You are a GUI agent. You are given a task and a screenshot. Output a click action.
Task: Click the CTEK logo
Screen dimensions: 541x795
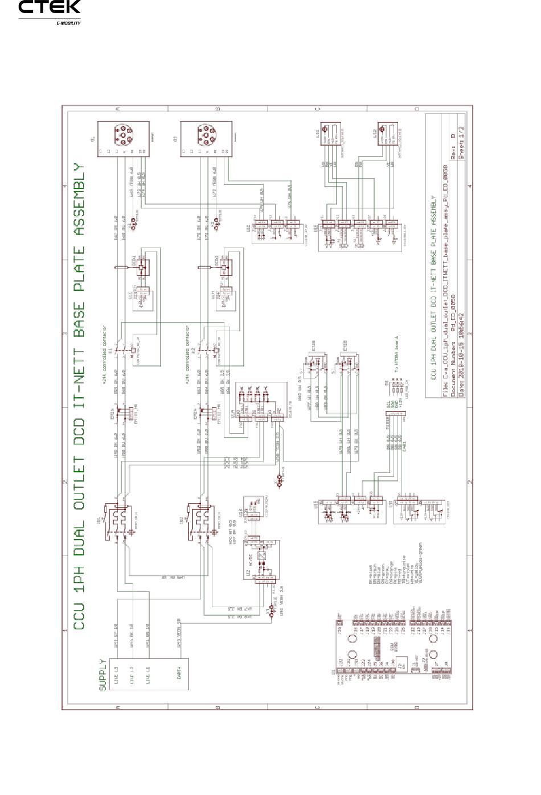coord(50,8)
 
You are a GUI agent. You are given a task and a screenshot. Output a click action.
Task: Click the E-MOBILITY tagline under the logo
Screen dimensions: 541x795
coord(68,23)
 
